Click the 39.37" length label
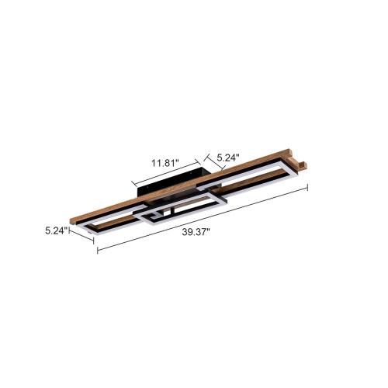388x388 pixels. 198,230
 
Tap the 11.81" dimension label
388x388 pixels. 164,163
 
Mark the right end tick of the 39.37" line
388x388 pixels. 309,186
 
